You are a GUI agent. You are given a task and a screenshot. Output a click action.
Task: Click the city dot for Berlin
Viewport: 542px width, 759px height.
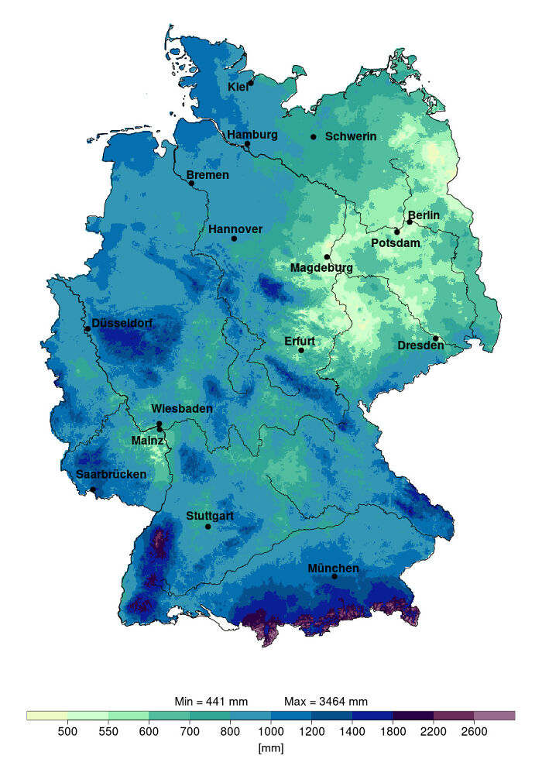point(410,222)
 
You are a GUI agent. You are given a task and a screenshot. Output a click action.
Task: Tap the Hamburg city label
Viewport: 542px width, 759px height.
point(252,135)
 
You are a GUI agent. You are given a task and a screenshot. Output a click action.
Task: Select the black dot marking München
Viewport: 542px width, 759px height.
point(334,576)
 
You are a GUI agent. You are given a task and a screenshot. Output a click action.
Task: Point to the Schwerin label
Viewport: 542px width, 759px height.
point(351,137)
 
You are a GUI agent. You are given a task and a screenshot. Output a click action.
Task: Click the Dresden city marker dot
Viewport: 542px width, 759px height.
point(436,338)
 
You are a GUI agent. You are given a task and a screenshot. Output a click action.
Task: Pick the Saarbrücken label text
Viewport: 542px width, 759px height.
point(111,474)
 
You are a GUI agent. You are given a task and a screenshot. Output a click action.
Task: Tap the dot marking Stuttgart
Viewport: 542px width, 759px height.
point(208,527)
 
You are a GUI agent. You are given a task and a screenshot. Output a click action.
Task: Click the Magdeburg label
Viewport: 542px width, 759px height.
point(321,268)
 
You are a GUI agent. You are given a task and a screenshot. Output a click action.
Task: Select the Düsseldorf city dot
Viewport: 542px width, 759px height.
point(87,329)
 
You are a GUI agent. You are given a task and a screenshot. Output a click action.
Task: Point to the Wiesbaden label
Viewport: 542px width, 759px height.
point(182,409)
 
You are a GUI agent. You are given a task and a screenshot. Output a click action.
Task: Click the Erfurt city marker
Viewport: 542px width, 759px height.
point(301,351)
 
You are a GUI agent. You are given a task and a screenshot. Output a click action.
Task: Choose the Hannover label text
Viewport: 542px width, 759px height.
point(235,229)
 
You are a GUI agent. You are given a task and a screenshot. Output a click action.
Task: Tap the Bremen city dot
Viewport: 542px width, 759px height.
point(191,184)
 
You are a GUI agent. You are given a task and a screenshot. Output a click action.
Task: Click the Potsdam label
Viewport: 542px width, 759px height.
point(396,243)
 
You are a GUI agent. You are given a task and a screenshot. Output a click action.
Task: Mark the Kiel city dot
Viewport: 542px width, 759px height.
point(251,83)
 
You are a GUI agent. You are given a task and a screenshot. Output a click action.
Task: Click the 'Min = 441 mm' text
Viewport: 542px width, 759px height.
point(211,702)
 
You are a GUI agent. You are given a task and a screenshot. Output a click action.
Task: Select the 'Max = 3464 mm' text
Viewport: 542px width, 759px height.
point(325,702)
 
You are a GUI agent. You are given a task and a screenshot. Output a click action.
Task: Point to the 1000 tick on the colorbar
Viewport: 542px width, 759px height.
point(271,731)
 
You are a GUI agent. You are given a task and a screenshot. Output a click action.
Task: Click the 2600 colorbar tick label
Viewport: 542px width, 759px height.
point(474,731)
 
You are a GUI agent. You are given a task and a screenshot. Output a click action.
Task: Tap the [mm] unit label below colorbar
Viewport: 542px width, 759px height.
point(271,747)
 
